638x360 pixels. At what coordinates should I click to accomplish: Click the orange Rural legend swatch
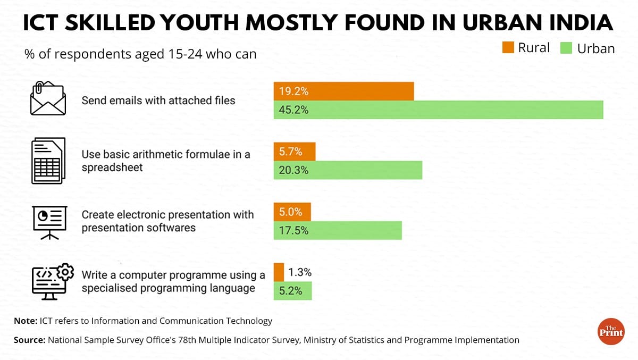[x=508, y=48]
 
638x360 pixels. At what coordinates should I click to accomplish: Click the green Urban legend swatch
[x=566, y=48]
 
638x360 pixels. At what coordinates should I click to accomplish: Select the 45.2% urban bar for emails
[x=438, y=110]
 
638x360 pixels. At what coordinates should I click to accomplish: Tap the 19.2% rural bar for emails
[x=343, y=91]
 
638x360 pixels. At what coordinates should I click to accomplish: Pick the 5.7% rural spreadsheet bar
[x=294, y=152]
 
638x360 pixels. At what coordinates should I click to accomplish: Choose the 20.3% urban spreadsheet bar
[x=348, y=171]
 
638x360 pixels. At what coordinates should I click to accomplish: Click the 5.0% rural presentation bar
[x=292, y=212]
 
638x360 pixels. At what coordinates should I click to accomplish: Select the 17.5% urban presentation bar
[x=338, y=231]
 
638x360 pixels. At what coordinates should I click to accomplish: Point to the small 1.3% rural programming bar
[x=279, y=272]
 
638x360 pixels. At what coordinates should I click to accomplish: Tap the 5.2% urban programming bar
[x=292, y=291]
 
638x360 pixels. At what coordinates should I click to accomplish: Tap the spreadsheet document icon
[x=48, y=161]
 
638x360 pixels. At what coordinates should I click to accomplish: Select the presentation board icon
[x=49, y=221]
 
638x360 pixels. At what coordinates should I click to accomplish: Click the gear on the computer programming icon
[x=64, y=272]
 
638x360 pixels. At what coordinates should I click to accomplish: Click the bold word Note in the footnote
[x=24, y=321]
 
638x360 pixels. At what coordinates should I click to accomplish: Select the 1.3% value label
[x=300, y=272]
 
